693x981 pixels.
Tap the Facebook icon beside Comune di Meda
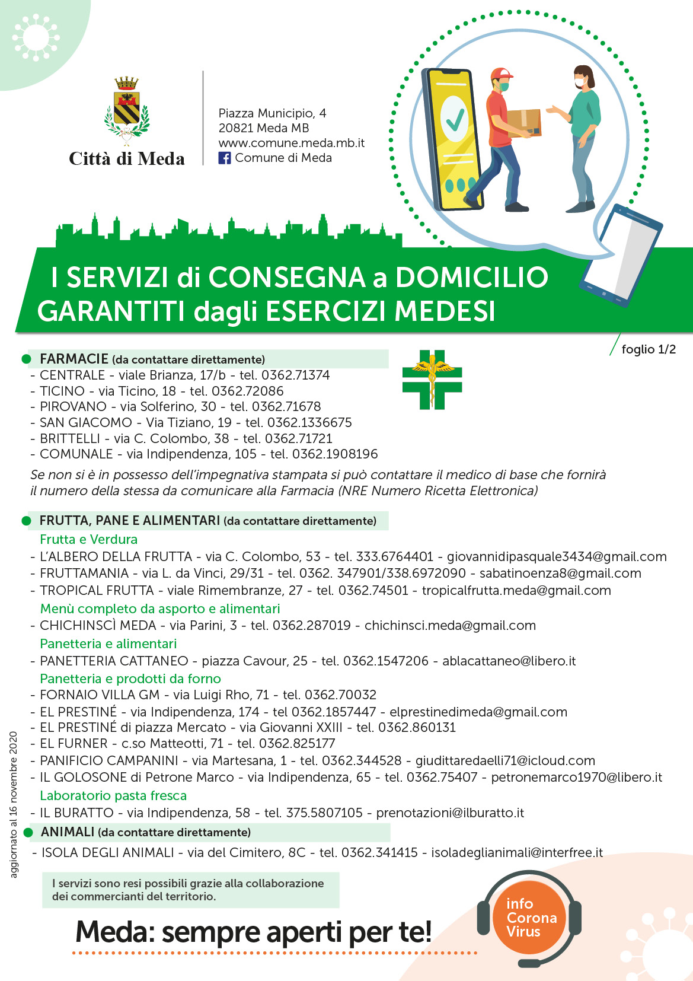225,158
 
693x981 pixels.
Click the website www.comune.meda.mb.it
291,143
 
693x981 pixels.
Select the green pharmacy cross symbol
432,380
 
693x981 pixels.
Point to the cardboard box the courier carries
524,122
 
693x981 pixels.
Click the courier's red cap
500,74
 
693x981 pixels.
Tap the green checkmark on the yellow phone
455,119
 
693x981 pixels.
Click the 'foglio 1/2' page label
649,349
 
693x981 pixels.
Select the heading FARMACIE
74,359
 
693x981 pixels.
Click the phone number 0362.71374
295,375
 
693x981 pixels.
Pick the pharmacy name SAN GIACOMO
86,422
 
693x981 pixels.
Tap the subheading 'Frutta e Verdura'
88,539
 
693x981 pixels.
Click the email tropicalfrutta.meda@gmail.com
516,590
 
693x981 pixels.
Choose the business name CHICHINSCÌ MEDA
98,625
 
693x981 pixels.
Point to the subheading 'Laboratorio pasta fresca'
113,795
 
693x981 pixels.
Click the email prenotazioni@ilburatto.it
450,813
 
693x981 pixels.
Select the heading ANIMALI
67,832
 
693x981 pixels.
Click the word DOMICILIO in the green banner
471,277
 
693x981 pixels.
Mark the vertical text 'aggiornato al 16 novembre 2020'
14,804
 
